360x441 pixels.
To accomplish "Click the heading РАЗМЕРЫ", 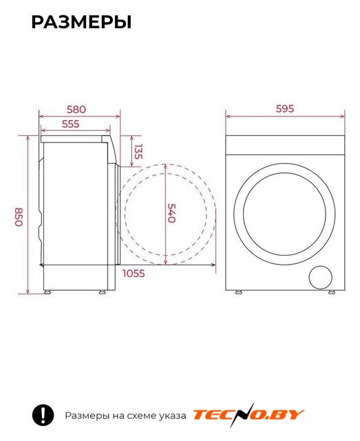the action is point(81,23).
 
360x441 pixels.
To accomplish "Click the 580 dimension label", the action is point(76,109).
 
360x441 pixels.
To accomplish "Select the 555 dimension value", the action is point(71,124).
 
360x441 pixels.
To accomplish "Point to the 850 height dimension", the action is point(19,217).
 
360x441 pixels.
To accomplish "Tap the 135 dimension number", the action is point(138,152).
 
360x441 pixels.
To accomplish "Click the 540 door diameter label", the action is point(171,213).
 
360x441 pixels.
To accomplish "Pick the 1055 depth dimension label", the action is point(134,273).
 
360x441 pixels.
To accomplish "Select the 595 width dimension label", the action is point(285,109).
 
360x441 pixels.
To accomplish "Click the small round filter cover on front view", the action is point(320,277).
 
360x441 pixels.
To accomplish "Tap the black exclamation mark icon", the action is point(43,415).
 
